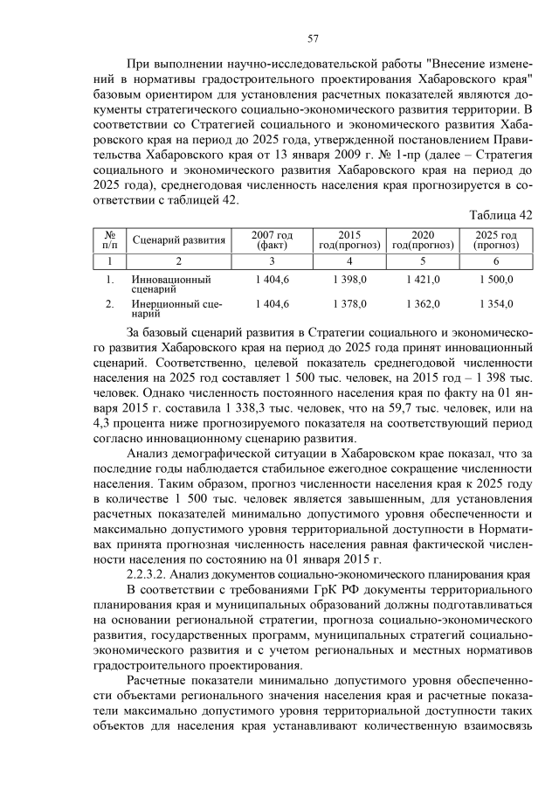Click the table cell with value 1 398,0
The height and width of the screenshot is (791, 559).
tap(349, 279)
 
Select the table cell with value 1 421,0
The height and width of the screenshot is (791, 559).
tap(423, 279)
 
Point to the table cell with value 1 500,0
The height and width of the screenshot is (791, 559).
tap(496, 279)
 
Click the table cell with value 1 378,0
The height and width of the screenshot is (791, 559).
tap(349, 303)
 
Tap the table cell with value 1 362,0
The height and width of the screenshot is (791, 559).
tap(423, 303)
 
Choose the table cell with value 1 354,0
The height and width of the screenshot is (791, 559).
tap(496, 303)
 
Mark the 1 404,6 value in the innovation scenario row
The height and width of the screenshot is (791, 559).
tap(273, 279)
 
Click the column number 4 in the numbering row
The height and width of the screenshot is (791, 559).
tap(349, 261)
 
